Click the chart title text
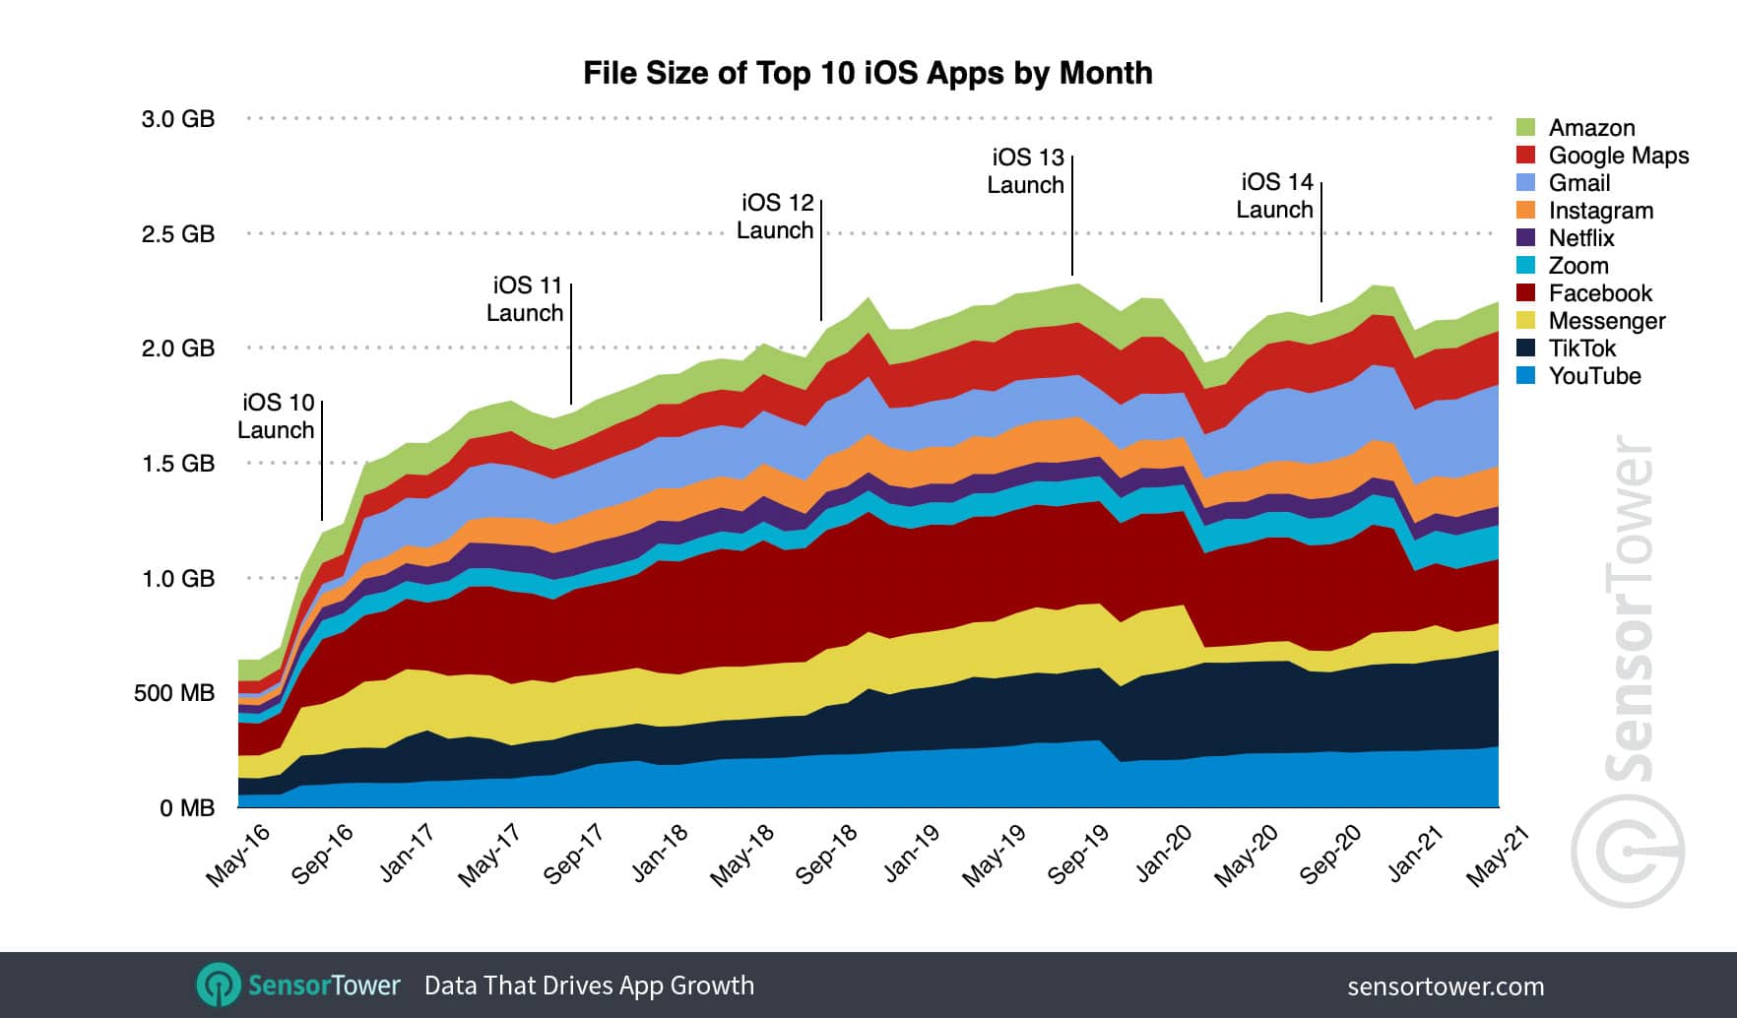868,73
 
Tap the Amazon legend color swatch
1525,127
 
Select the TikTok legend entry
1581,348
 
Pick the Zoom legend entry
1577,265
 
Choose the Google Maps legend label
1618,155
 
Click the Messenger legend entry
1606,320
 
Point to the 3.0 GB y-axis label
178,119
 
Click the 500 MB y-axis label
174,693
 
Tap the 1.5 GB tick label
178,464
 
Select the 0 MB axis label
187,808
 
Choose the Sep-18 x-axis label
826,855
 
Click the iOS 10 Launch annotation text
277,416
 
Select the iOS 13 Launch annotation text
1026,170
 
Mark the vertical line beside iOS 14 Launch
1321,241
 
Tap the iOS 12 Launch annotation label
776,216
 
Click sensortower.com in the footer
1445,986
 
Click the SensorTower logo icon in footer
218,985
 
